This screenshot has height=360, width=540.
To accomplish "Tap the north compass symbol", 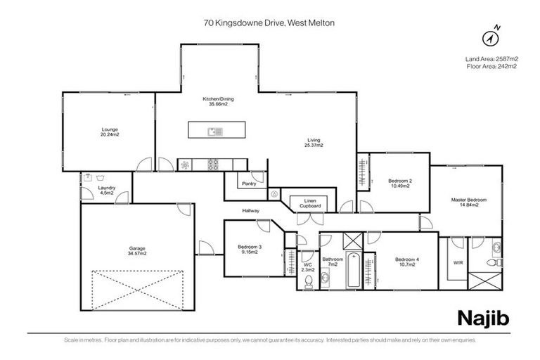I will [x=492, y=35].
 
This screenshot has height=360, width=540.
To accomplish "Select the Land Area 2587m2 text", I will [x=491, y=58].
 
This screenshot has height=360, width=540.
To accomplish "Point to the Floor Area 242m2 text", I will [x=491, y=66].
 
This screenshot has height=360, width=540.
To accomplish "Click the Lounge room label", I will [x=109, y=131].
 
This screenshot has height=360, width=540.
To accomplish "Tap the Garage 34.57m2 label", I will [x=137, y=250].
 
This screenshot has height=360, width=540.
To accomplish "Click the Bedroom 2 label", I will [x=401, y=183].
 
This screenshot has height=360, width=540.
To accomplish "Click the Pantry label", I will [x=247, y=184].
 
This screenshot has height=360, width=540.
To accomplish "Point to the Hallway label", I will [x=251, y=211].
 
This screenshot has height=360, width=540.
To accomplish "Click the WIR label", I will [x=458, y=262].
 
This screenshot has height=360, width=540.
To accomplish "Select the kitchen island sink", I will [x=215, y=131].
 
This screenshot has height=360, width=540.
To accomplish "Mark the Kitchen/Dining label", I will [x=218, y=101].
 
